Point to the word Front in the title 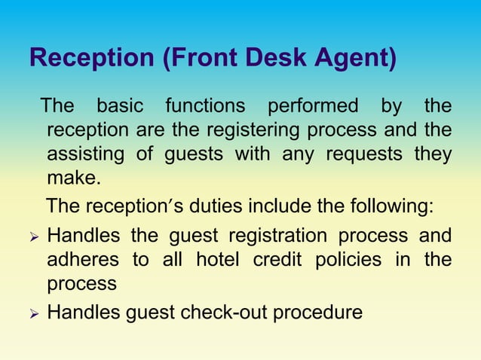coord(198,58)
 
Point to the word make coord(72,180)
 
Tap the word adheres coord(83,260)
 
